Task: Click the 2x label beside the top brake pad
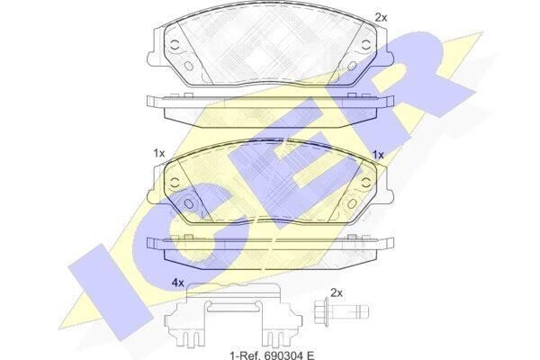point(381,17)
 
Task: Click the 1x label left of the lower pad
point(159,153)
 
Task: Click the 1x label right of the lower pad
point(378,155)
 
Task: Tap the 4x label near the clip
point(177,283)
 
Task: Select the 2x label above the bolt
point(337,293)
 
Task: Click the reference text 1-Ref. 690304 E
point(272,355)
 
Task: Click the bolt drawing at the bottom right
point(341,311)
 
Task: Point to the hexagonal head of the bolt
point(320,311)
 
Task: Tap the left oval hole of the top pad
point(189,66)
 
